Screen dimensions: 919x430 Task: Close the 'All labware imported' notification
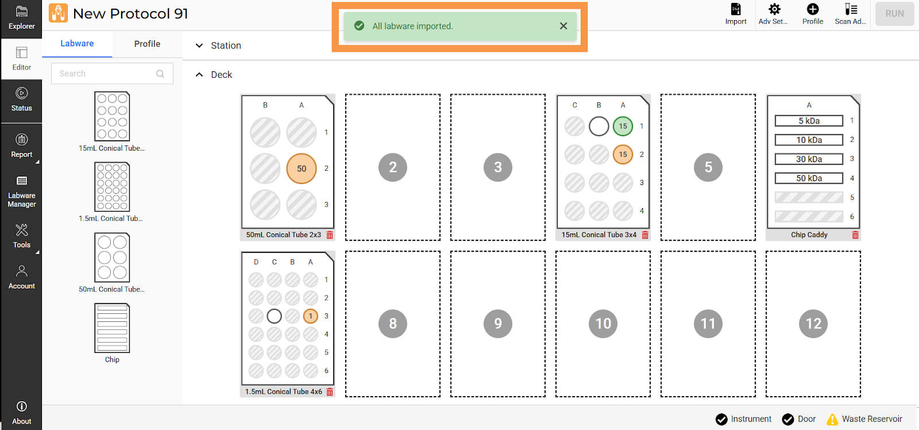tap(563, 26)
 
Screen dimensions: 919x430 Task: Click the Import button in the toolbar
tap(736, 14)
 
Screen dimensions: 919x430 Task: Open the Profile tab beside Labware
tap(147, 44)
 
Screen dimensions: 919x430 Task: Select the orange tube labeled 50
tap(302, 168)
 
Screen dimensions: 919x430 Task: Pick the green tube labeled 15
tap(623, 126)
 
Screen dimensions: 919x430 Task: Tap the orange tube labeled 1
tap(311, 316)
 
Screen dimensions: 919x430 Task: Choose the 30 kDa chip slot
tap(809, 159)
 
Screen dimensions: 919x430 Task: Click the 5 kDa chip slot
tap(809, 121)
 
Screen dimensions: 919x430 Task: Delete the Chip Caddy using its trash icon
tap(855, 235)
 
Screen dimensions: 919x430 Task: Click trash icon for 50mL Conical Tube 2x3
tap(330, 235)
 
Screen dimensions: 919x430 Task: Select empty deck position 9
tap(497, 324)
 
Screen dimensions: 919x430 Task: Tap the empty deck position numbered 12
tap(813, 324)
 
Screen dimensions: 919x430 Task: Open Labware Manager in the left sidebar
tap(21, 191)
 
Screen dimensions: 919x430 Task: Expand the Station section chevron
tap(199, 45)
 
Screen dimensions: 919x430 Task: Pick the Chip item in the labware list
tap(112, 333)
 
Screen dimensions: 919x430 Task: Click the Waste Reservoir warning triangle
tap(832, 419)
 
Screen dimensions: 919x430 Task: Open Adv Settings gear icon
tap(774, 9)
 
